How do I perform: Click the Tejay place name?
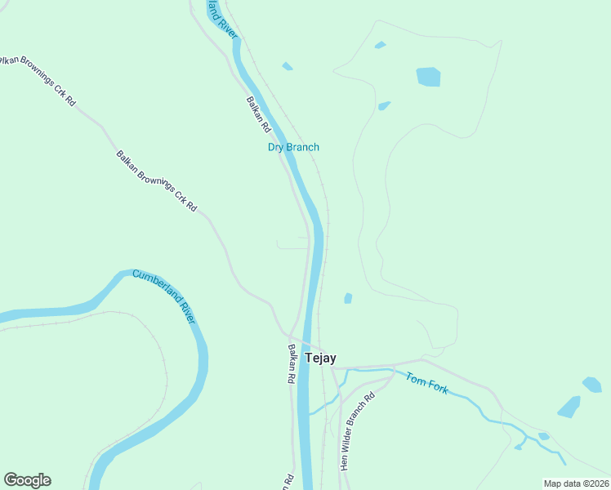coord(320,359)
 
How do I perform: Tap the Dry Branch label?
coord(293,147)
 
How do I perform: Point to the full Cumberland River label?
coord(164,296)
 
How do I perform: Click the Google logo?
coord(27,480)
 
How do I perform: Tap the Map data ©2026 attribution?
coord(577,483)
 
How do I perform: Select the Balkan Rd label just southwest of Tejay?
coord(290,364)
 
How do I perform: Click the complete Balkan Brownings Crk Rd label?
coord(156,180)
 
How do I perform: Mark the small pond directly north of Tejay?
coord(348,298)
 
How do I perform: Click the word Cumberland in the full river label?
coord(155,287)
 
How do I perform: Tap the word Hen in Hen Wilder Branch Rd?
coord(344,463)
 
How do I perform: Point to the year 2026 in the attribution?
coord(600,483)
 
